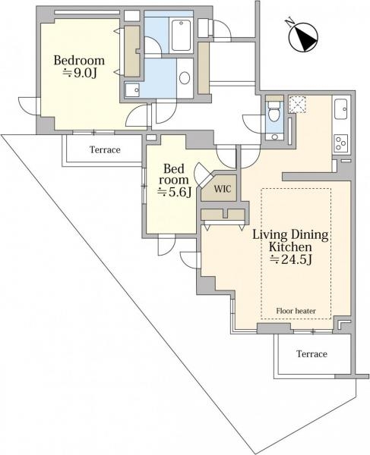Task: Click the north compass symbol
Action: pos(303,37)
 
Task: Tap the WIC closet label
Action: pos(223,189)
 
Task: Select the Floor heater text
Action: pos(296,311)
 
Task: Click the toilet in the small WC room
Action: pos(274,112)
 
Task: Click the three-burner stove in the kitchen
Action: pos(341,143)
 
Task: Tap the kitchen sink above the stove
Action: pos(340,109)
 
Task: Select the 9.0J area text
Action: pos(80,73)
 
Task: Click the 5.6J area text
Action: pos(175,192)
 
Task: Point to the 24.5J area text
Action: pos(291,259)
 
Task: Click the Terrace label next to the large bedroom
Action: pos(105,150)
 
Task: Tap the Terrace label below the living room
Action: pos(311,354)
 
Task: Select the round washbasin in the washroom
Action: pos(185,78)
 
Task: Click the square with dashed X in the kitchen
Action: pos(297,105)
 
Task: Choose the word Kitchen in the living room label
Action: pos(290,247)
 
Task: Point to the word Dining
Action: pos(310,235)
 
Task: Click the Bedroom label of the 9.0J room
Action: pos(79,61)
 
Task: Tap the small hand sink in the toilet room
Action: pos(274,136)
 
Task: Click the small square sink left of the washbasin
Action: pos(132,89)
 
